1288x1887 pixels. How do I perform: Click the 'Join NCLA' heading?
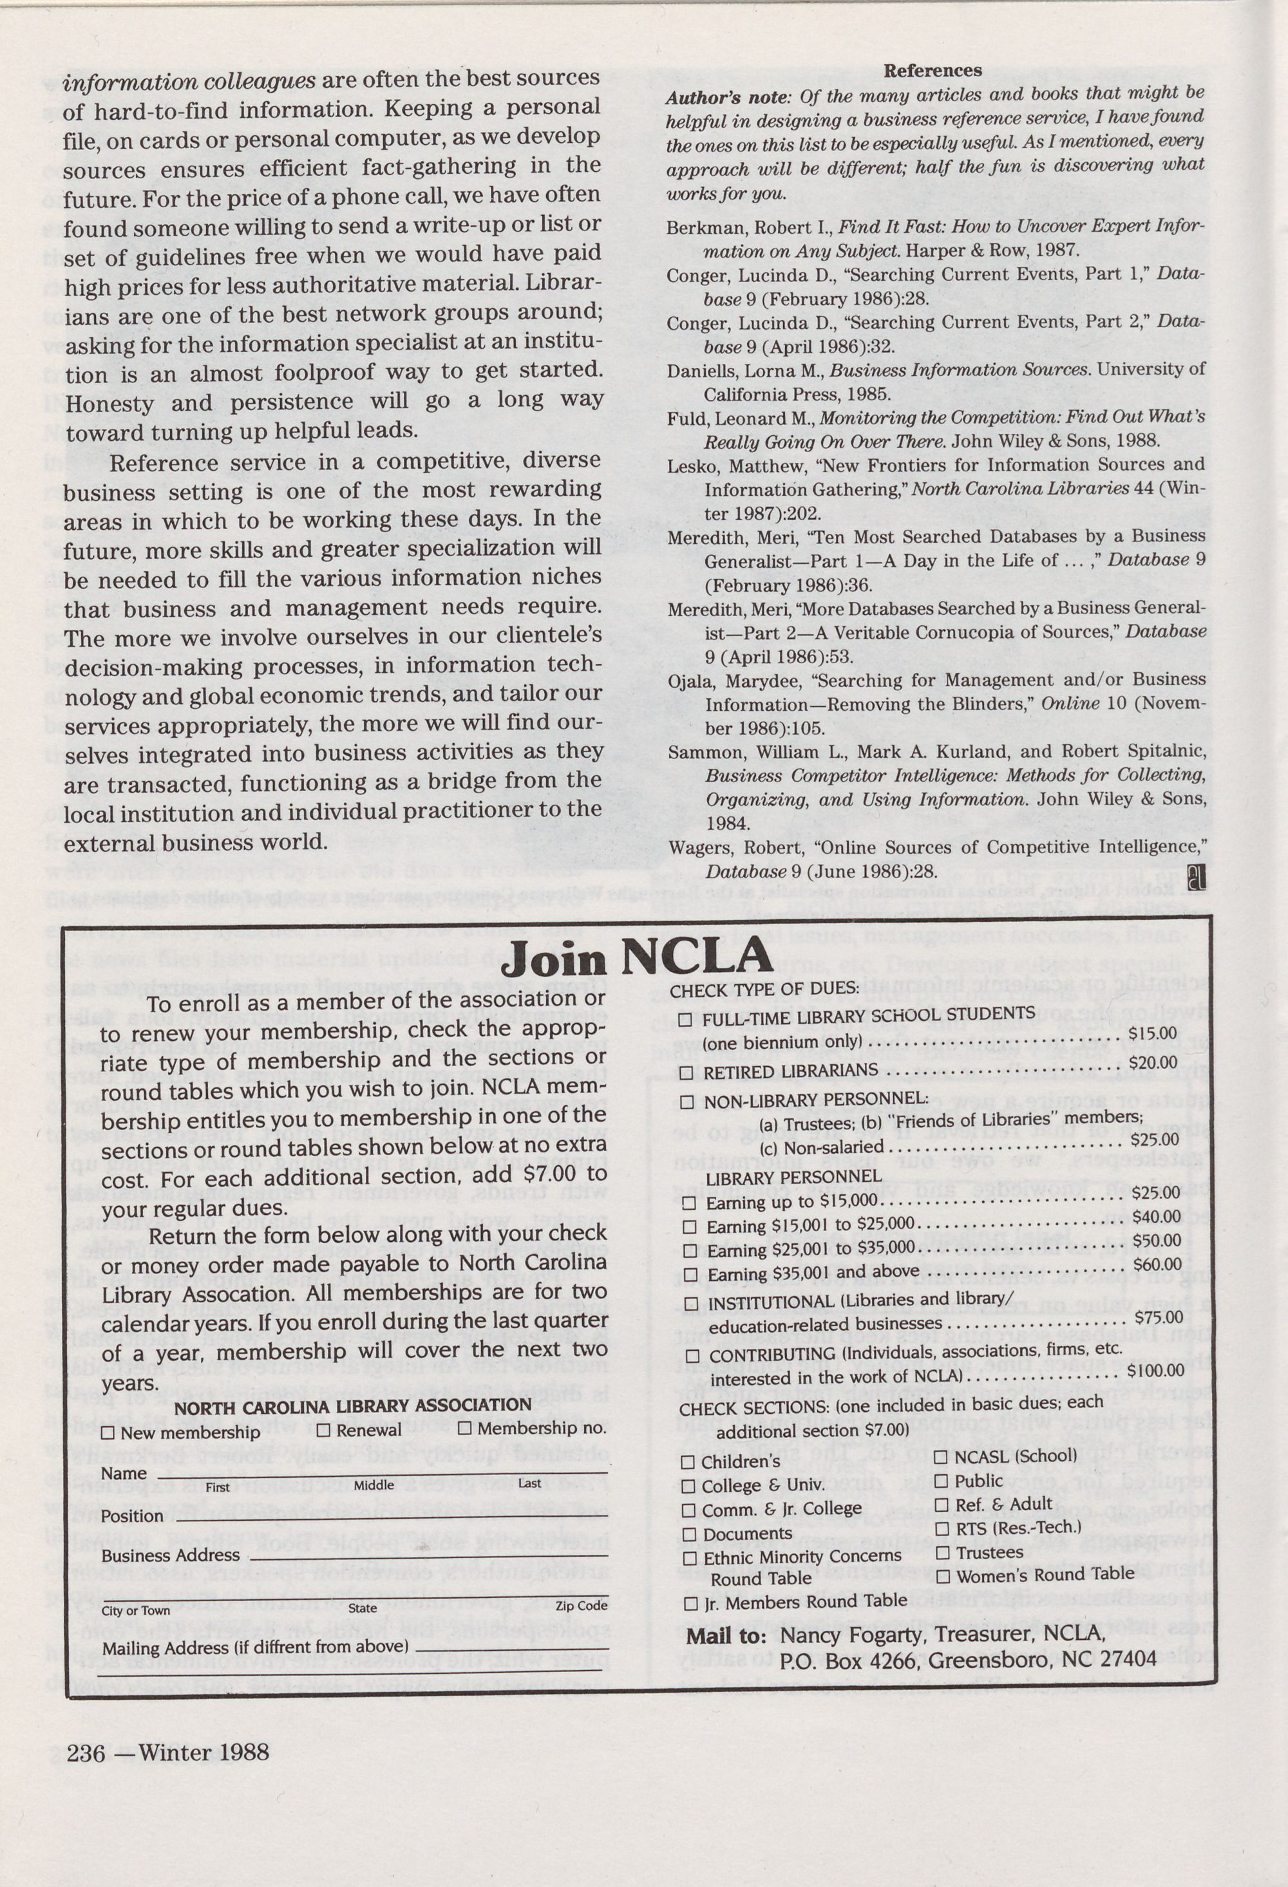pyautogui.click(x=636, y=957)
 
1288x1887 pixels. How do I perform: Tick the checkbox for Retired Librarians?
pyautogui.click(x=687, y=1073)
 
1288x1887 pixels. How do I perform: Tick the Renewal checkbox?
pyautogui.click(x=324, y=1430)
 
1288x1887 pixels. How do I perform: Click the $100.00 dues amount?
pyautogui.click(x=1155, y=1371)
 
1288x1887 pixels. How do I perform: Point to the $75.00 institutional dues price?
pyautogui.click(x=1158, y=1317)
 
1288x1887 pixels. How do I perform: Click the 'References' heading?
pyautogui.click(x=933, y=71)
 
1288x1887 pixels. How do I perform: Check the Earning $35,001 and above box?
pyautogui.click(x=690, y=1275)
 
